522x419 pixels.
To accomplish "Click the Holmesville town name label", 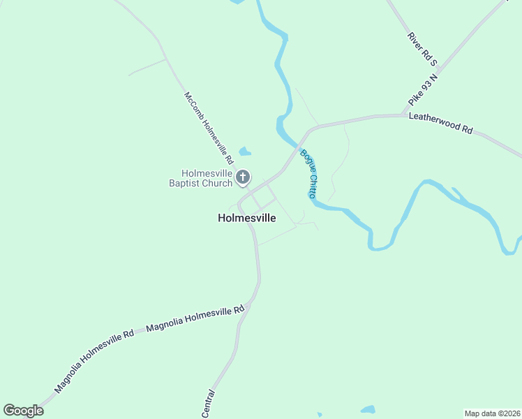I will tap(247, 218).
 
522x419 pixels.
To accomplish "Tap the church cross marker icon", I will tap(243, 177).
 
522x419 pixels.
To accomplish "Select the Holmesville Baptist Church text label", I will tap(206, 179).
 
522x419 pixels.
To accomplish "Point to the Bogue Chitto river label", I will tap(309, 174).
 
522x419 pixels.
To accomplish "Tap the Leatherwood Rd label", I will tap(441, 124).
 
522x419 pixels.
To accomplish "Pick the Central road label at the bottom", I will tap(208, 404).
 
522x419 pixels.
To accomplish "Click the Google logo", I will tap(23, 411).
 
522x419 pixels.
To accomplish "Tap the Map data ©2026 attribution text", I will tap(492, 413).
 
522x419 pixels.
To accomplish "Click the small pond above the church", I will tap(244, 151).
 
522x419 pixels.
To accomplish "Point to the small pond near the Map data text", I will tap(368, 409).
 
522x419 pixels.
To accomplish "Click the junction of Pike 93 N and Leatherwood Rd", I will tap(403, 115).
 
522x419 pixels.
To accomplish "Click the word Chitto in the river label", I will tap(313, 185).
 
